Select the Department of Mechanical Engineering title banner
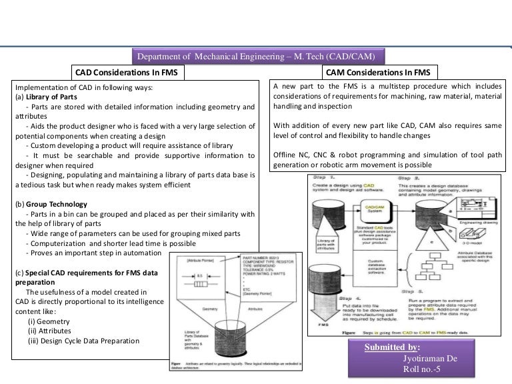259,56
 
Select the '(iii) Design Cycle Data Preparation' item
83,341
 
